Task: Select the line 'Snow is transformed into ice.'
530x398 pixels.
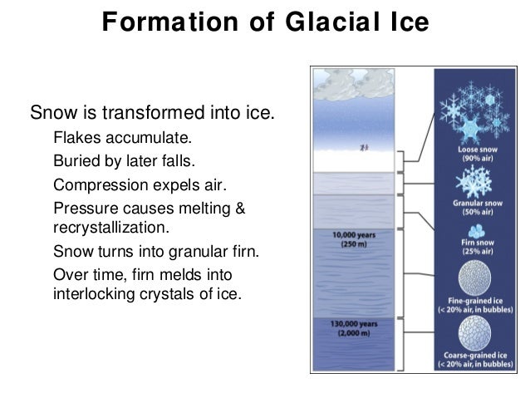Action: point(151,111)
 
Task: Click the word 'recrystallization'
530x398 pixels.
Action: point(110,227)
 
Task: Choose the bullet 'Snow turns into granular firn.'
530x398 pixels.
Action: point(156,251)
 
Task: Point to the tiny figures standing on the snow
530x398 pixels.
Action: point(363,148)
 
